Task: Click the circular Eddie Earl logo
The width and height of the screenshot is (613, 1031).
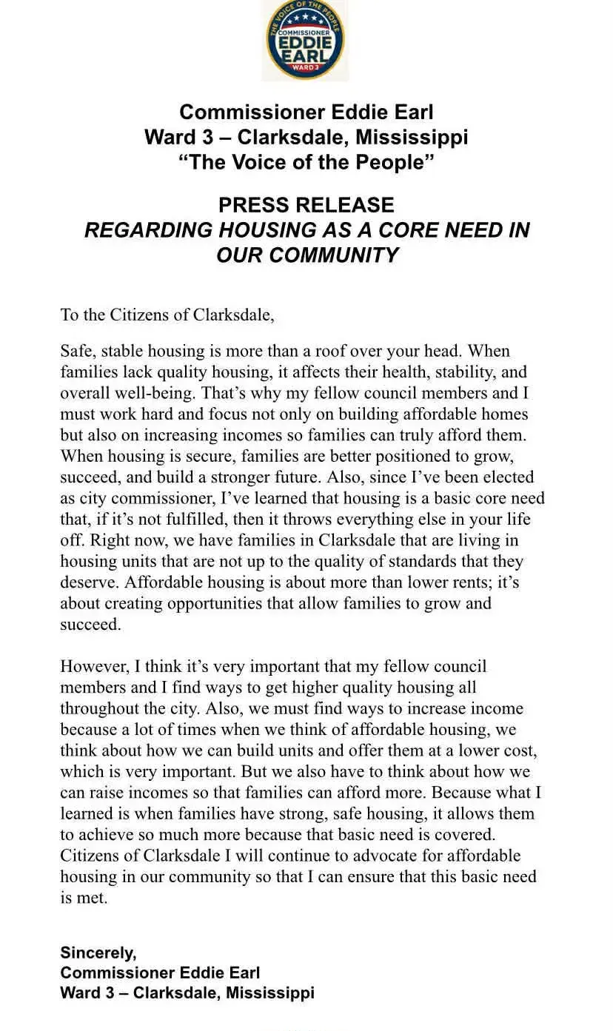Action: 305,40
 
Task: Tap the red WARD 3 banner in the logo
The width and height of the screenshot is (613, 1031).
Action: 306,68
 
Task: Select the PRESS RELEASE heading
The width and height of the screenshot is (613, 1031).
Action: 306,205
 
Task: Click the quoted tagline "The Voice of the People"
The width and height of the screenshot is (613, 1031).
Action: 306,162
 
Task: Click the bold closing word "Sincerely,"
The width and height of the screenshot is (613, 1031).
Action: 98,953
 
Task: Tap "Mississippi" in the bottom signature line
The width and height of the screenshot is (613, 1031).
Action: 270,993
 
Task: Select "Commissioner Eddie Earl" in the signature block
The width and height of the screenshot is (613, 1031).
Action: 160,973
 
